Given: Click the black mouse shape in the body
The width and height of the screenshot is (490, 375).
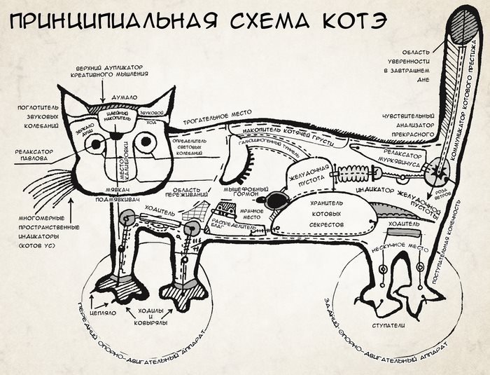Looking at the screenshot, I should pyautogui.click(x=275, y=200).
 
